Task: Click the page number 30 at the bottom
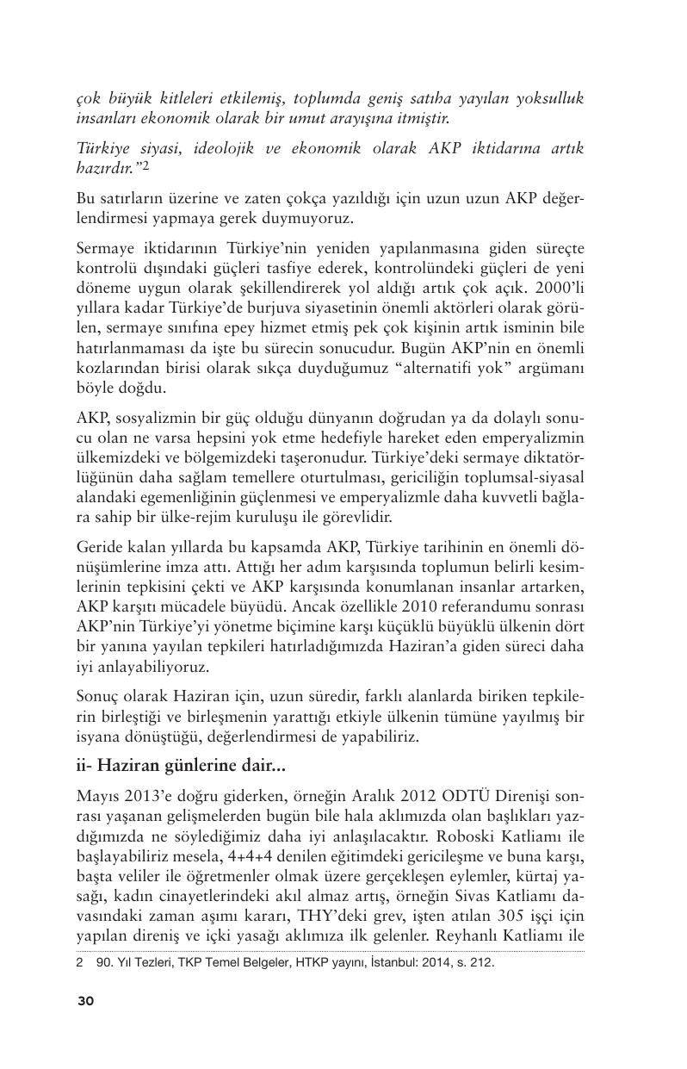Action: (x=85, y=1000)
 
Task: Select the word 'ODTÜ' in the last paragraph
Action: (x=456, y=794)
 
